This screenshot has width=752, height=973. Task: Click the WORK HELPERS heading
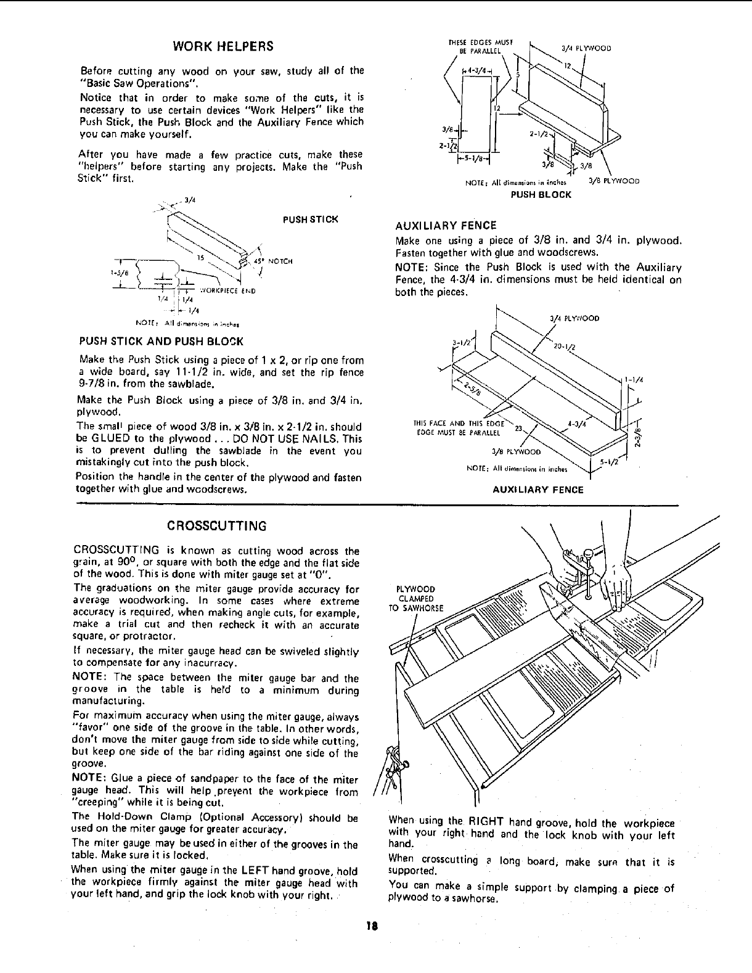pyautogui.click(x=223, y=47)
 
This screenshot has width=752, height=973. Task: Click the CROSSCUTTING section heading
pyautogui.click(x=218, y=526)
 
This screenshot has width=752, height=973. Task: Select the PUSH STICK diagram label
pyautogui.click(x=310, y=219)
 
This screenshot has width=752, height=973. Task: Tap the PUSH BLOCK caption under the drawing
pyautogui.click(x=541, y=194)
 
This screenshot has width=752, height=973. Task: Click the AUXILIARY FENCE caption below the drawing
pyautogui.click(x=537, y=490)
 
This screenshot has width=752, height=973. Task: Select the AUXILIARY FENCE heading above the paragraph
pyautogui.click(x=446, y=225)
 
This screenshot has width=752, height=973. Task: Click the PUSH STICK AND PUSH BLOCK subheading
pyautogui.click(x=161, y=341)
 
